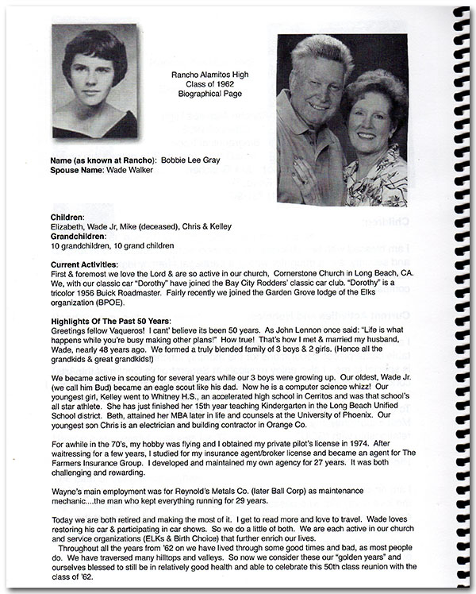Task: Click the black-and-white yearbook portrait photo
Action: pyautogui.click(x=94, y=82)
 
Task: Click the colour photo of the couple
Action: pyautogui.click(x=342, y=120)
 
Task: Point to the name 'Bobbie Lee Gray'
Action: pyautogui.click(x=191, y=160)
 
